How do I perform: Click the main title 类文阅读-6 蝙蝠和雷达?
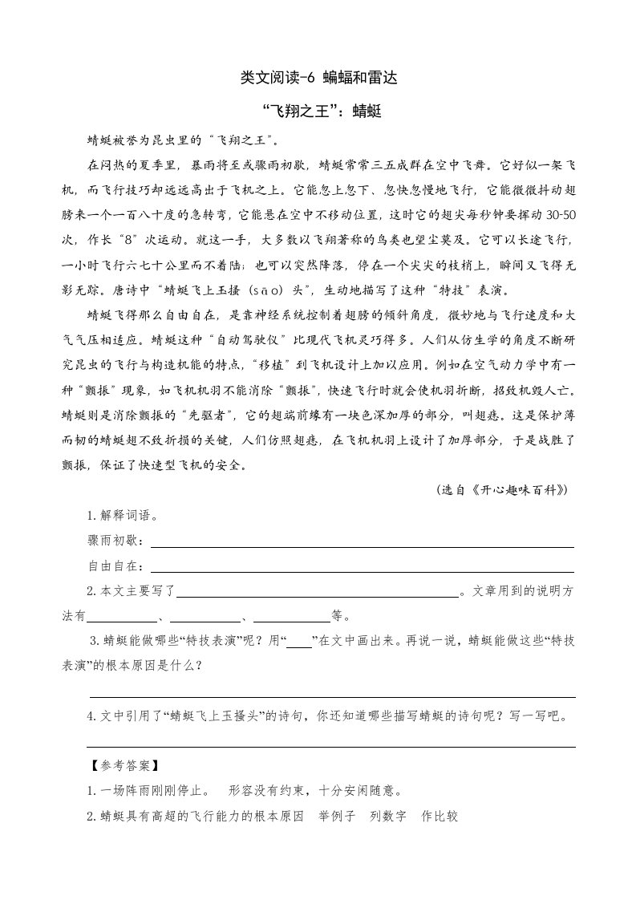tap(318, 78)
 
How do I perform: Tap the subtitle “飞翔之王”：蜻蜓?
tap(318, 112)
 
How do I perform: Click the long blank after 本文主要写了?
tap(318, 595)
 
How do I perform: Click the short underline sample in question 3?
tap(299, 644)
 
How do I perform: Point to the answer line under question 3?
tap(332, 696)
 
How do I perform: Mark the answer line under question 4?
tap(332, 746)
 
